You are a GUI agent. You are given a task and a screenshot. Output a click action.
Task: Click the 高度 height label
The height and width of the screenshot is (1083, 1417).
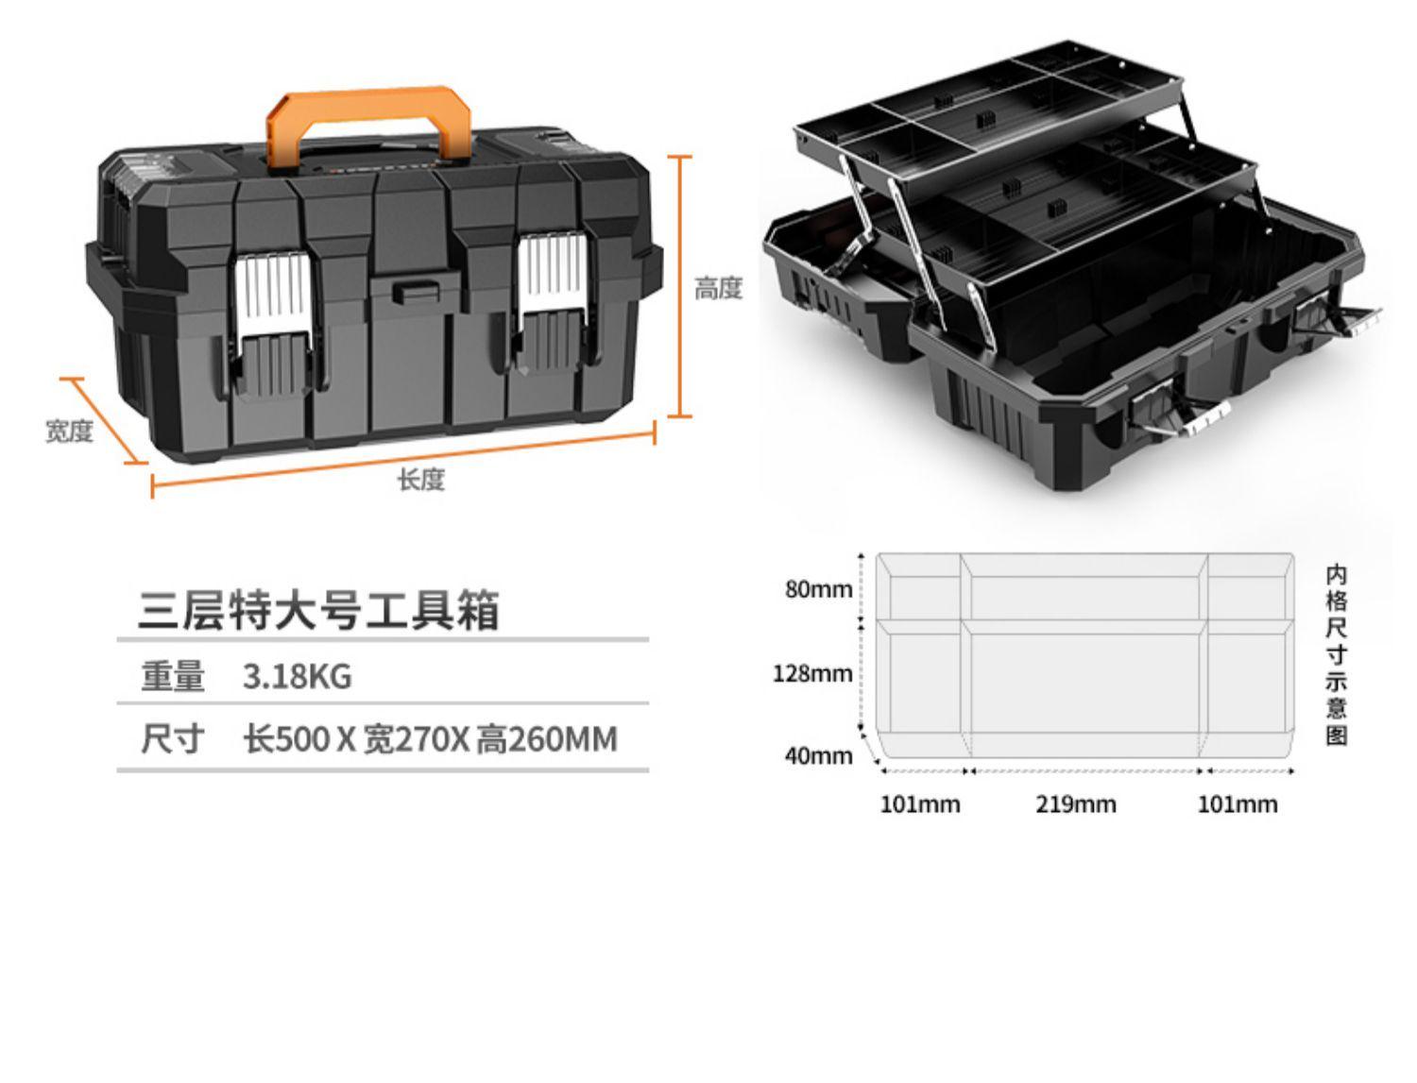coord(718,289)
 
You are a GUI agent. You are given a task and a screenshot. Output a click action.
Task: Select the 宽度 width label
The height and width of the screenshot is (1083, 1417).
coord(70,432)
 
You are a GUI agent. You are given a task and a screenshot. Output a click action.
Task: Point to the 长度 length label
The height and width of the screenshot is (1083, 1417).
coord(420,480)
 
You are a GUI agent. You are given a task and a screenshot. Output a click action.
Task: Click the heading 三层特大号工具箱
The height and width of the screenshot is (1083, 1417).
coord(318,610)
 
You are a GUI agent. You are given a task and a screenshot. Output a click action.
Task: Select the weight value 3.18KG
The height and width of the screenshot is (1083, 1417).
coord(297,677)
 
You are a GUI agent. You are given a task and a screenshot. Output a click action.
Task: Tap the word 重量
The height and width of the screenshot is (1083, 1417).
coord(172,677)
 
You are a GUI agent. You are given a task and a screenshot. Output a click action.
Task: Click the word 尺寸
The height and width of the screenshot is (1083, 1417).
coord(172,738)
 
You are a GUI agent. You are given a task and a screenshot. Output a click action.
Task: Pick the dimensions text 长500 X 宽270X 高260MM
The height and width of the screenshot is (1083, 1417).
coord(430,738)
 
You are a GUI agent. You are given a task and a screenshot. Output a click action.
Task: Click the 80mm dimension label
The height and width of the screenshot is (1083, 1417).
coord(818,590)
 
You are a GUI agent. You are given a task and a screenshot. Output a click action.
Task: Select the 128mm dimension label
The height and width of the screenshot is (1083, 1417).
coord(812,673)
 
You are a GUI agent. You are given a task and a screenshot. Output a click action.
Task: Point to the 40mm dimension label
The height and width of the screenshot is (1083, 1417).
coord(818,755)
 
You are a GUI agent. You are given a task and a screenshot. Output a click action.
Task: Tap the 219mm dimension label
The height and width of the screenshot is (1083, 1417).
coord(1075,804)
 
